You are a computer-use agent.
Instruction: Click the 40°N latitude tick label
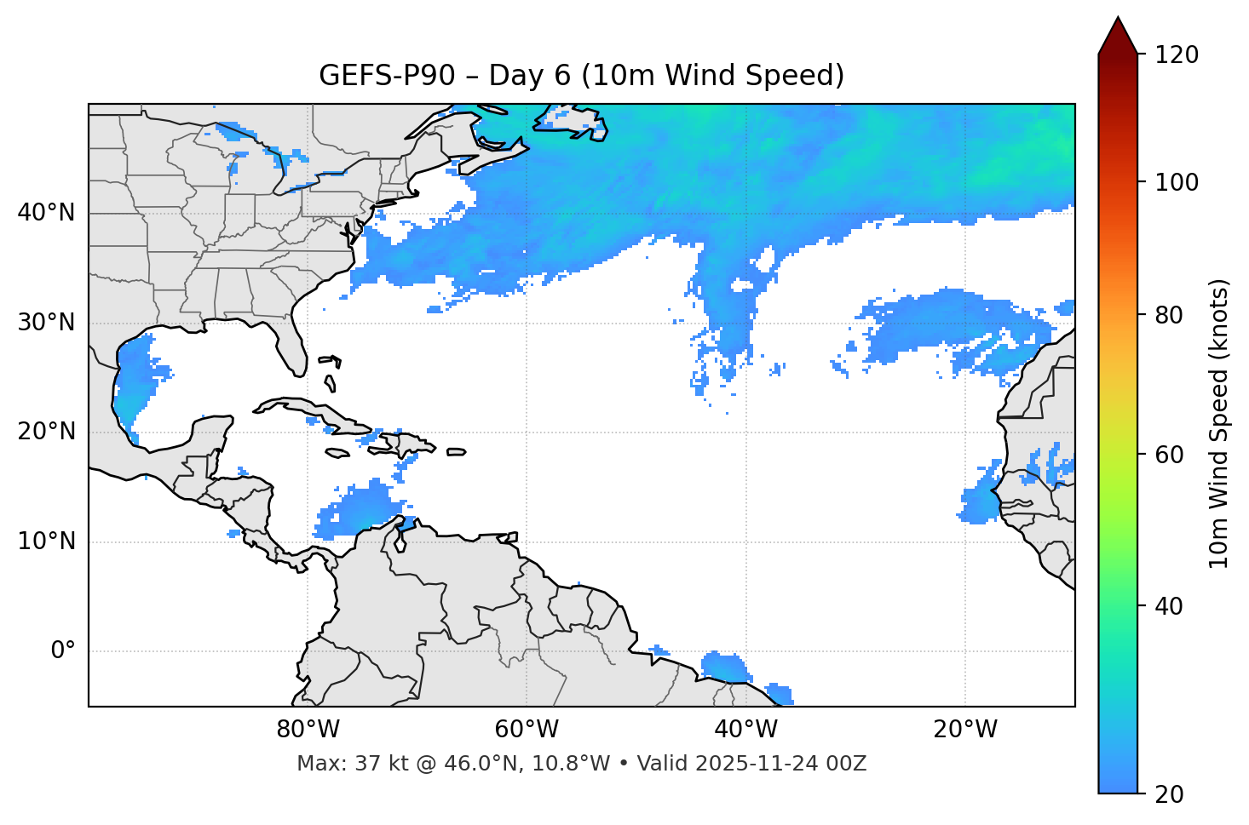[x=46, y=213]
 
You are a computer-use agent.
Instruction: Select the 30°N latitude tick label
[x=46, y=323]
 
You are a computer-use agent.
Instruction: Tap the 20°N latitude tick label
[x=46, y=432]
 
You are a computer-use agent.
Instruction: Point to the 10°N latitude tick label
[x=46, y=541]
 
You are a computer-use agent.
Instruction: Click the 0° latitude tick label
[x=62, y=651]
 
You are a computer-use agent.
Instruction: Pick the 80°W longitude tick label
[x=308, y=730]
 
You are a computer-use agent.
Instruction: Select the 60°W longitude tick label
[x=527, y=730]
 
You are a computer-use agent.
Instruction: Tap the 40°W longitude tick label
[x=745, y=730]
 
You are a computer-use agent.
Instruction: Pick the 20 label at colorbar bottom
[x=1168, y=794]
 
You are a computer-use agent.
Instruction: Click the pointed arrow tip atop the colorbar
[x=1118, y=19]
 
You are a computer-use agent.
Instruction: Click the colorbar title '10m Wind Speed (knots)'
[x=1219, y=423]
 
